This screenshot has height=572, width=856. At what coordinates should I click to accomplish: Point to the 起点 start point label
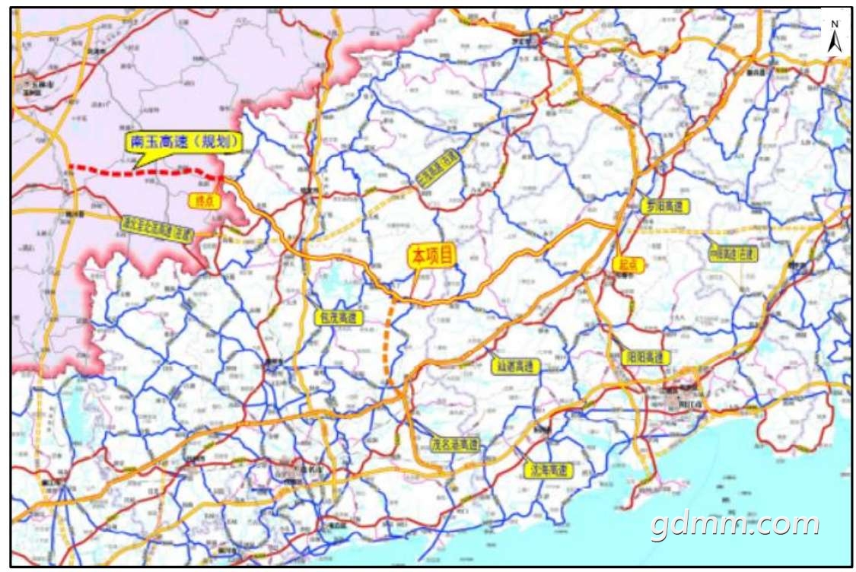coord(627,264)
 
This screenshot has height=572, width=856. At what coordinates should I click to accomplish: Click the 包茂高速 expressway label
coord(338,318)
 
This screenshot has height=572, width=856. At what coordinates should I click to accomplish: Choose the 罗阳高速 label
coord(663,206)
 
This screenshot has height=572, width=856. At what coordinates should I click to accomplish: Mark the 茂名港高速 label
coord(455,444)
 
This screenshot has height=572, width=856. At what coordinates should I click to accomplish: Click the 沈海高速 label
coord(547,470)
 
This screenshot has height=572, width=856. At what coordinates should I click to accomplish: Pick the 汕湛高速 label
coord(515,366)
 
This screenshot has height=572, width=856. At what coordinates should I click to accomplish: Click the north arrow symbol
coord(834,43)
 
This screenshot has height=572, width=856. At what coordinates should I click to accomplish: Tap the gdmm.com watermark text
coord(734,524)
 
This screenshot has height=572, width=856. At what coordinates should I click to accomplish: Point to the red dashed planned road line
coord(137,172)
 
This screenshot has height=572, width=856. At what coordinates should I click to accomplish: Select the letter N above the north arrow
coord(834,24)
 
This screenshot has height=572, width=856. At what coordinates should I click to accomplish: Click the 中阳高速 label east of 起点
coord(733,253)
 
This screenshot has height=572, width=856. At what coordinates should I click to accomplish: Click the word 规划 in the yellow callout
coord(220,142)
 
